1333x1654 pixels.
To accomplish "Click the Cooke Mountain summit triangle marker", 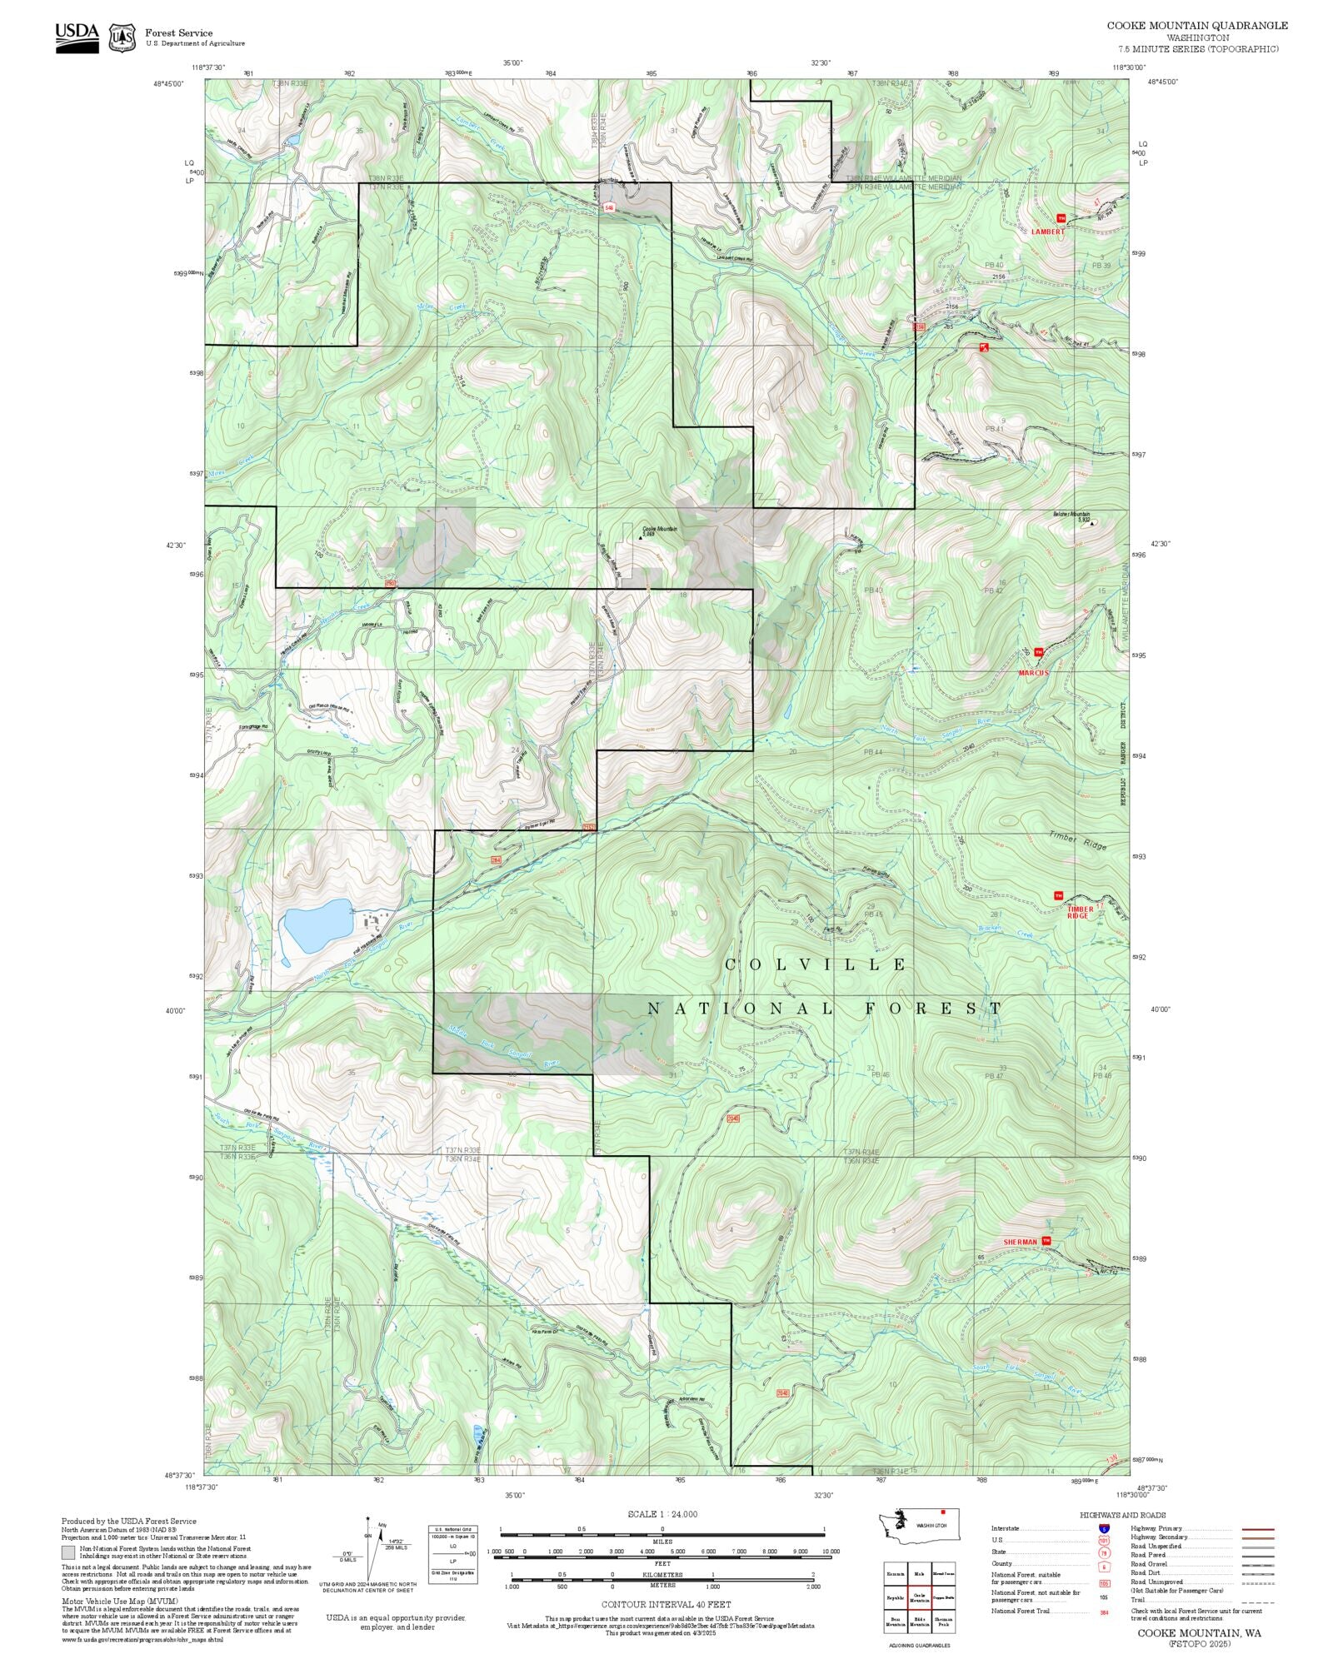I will (x=641, y=538).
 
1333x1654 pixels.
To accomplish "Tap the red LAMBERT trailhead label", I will (x=1047, y=232).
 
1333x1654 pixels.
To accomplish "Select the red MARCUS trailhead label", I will (x=1033, y=672).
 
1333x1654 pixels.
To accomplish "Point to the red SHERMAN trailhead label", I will (x=1020, y=1242).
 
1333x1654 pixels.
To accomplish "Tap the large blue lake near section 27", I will (x=317, y=924).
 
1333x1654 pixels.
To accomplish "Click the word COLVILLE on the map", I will (x=816, y=964).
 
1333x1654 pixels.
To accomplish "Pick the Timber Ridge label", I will (x=1078, y=840).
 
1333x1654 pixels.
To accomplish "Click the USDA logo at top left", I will (x=77, y=37).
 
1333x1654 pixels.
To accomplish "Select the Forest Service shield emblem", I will (x=123, y=37).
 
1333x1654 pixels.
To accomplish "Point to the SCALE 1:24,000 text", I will (x=662, y=1514).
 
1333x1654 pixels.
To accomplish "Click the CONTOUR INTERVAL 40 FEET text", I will (x=666, y=1604).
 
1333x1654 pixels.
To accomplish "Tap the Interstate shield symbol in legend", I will (x=1104, y=1529).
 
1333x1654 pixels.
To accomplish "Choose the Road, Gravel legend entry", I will (x=1148, y=1564).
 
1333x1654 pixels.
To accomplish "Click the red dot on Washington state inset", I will (x=942, y=1512).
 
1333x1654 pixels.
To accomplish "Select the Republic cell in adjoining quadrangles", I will (x=896, y=1599).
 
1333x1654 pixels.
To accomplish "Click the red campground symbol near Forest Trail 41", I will (x=984, y=346).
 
